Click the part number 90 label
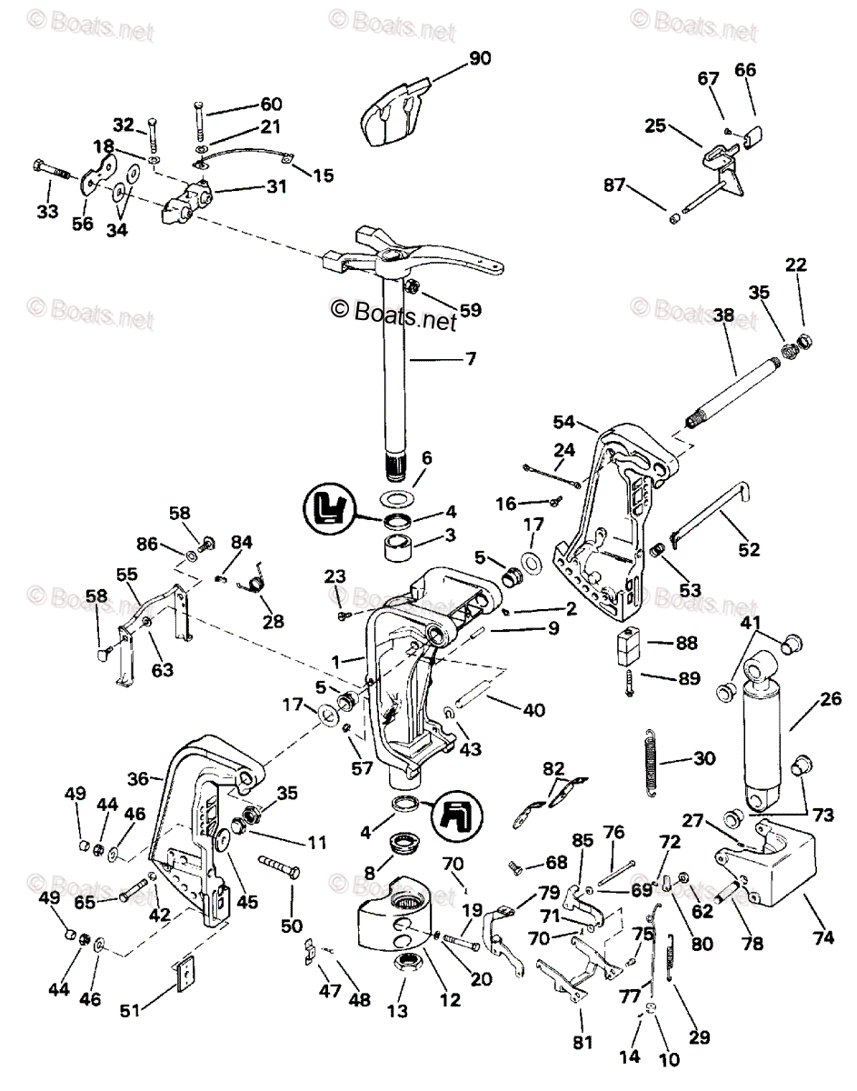[479, 59]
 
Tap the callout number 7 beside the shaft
[470, 358]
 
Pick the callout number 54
[564, 421]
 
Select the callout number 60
[246, 104]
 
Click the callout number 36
[138, 778]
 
